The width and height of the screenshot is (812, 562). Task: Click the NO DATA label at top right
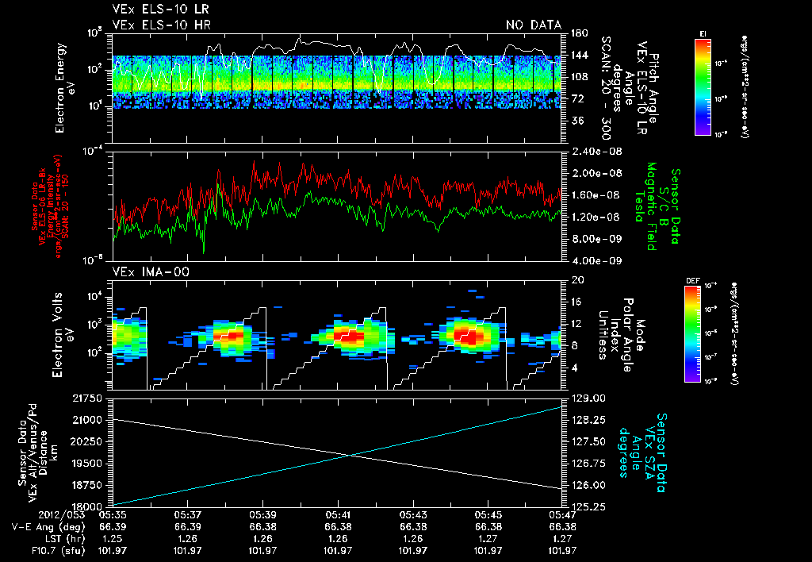(x=534, y=25)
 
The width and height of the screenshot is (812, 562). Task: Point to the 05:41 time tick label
(x=338, y=514)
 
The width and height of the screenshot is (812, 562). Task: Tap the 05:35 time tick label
(x=113, y=514)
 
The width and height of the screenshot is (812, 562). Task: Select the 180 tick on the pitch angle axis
(x=578, y=33)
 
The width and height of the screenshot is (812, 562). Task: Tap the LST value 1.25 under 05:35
(x=113, y=538)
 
